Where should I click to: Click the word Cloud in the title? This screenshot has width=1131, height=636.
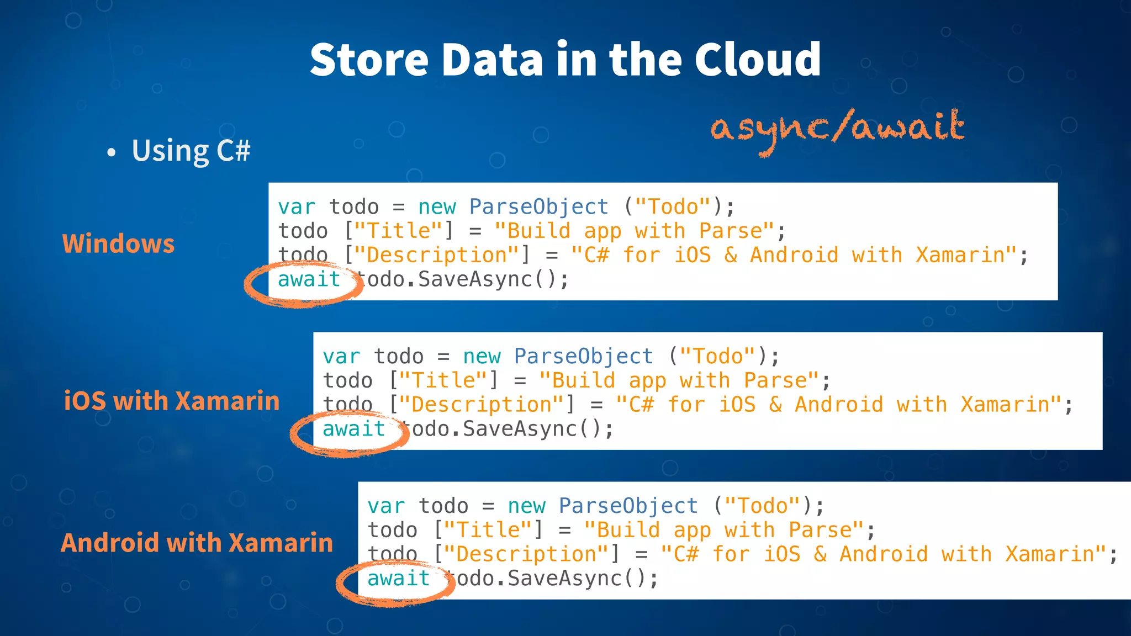[757, 60]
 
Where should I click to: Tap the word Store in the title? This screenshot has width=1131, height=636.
[368, 60]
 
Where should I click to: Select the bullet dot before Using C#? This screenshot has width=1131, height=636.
[112, 152]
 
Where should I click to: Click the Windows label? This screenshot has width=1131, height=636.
[118, 243]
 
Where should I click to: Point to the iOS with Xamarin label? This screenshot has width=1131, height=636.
[172, 401]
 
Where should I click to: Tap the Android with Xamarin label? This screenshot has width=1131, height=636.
[197, 543]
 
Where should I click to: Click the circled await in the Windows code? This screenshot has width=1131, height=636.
[309, 280]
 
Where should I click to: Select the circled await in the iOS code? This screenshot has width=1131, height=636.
[353, 430]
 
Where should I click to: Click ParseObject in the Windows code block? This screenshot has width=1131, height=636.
[538, 207]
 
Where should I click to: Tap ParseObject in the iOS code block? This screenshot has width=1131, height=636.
[583, 357]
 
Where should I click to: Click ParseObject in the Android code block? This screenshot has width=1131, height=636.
[628, 506]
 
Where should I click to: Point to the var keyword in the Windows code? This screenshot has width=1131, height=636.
[297, 207]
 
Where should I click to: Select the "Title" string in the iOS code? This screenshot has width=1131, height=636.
[444, 381]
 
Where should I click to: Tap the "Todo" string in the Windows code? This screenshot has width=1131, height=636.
[673, 207]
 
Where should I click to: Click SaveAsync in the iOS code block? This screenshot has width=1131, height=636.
[519, 430]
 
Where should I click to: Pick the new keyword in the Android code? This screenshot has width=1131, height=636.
[526, 506]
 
